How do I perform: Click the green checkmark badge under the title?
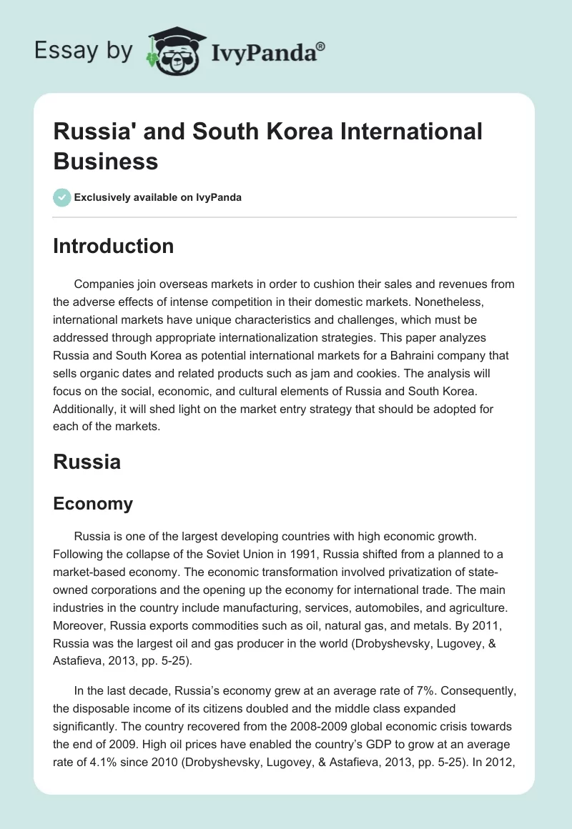click(x=62, y=197)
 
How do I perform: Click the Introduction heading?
click(x=114, y=246)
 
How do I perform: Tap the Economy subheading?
click(x=93, y=503)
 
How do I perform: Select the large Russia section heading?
click(x=87, y=462)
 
